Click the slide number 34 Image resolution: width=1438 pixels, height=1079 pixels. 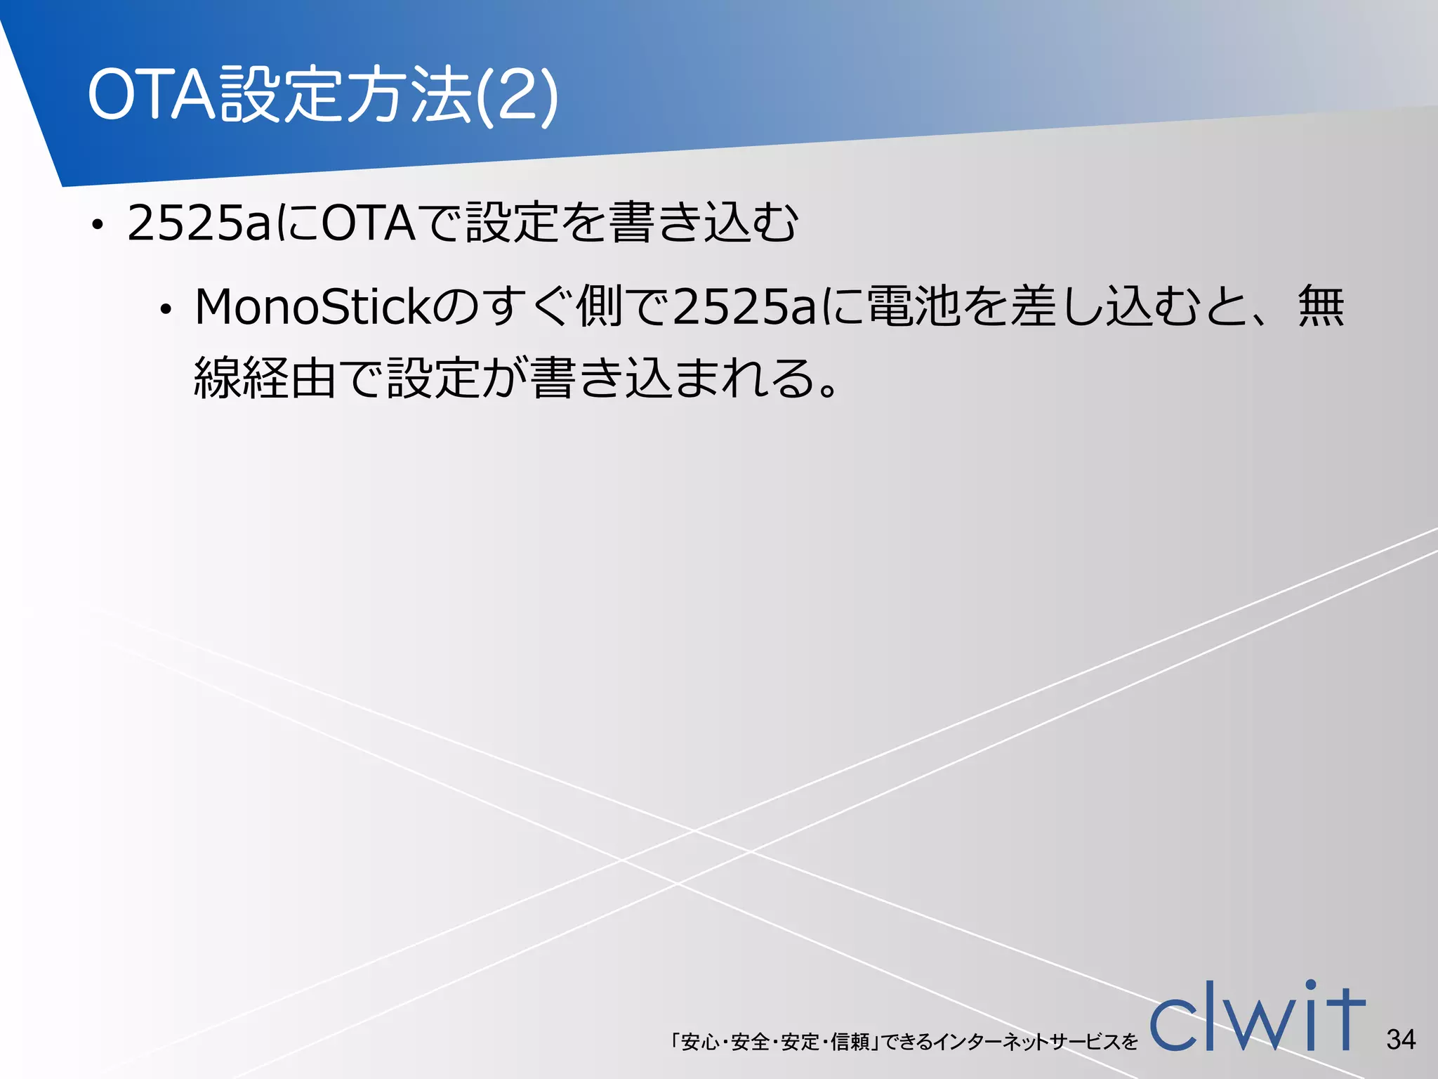[x=1401, y=1039]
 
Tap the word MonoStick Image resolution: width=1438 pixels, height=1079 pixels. [x=312, y=308]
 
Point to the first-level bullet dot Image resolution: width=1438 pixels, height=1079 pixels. [x=98, y=225]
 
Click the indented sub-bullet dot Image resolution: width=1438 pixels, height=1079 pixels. [x=166, y=310]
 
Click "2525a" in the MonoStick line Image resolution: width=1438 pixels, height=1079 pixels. [x=744, y=308]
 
